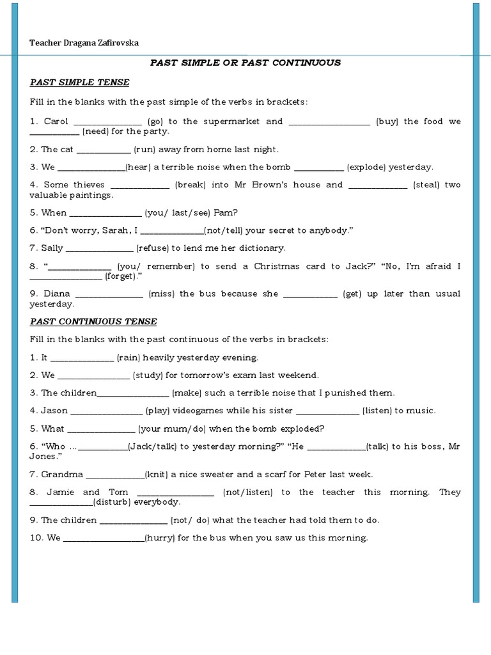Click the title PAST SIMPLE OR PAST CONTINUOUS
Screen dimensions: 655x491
coord(245,63)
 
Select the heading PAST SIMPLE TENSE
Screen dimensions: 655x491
coord(79,83)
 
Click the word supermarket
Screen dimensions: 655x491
coord(228,122)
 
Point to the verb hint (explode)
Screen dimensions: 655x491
coord(366,168)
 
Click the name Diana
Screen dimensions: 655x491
coord(56,294)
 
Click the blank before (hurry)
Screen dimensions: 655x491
coord(104,539)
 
